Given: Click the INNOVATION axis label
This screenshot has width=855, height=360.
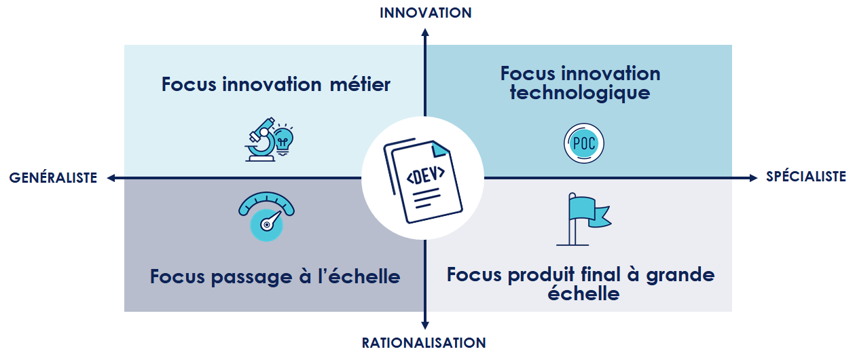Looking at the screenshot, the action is pos(426,13).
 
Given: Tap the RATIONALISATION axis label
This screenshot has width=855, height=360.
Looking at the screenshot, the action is pos(424,343).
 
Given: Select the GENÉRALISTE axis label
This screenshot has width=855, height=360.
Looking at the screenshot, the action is pos(53,177).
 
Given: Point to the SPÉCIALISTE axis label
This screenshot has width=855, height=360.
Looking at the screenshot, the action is pos(805,176).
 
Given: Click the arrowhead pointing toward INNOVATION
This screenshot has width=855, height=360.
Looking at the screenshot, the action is pos(425,33).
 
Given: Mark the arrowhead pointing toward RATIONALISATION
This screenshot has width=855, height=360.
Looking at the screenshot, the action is pos(425,325).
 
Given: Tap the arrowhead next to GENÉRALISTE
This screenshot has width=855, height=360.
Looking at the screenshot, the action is pos(111,178).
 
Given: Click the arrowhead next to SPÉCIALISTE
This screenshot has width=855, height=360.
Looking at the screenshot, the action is pos(753,178).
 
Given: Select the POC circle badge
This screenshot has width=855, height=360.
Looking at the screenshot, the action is pos(584,143).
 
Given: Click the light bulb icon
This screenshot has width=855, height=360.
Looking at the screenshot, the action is pos(283,140).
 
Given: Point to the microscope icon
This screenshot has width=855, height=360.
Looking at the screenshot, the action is pos(261,140).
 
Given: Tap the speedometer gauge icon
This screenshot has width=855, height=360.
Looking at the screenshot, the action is pos(266,217).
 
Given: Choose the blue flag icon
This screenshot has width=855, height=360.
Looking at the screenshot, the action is pos(584,219).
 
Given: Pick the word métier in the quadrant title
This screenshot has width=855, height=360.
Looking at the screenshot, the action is pos(360,84).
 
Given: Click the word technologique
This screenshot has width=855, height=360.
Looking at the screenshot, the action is pos(580,93).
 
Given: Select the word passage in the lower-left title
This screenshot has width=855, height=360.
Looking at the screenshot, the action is pos(251,277).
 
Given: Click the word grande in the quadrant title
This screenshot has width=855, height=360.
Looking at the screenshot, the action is pos(680,275).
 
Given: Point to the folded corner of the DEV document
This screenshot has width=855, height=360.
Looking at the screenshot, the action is pos(440,149).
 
